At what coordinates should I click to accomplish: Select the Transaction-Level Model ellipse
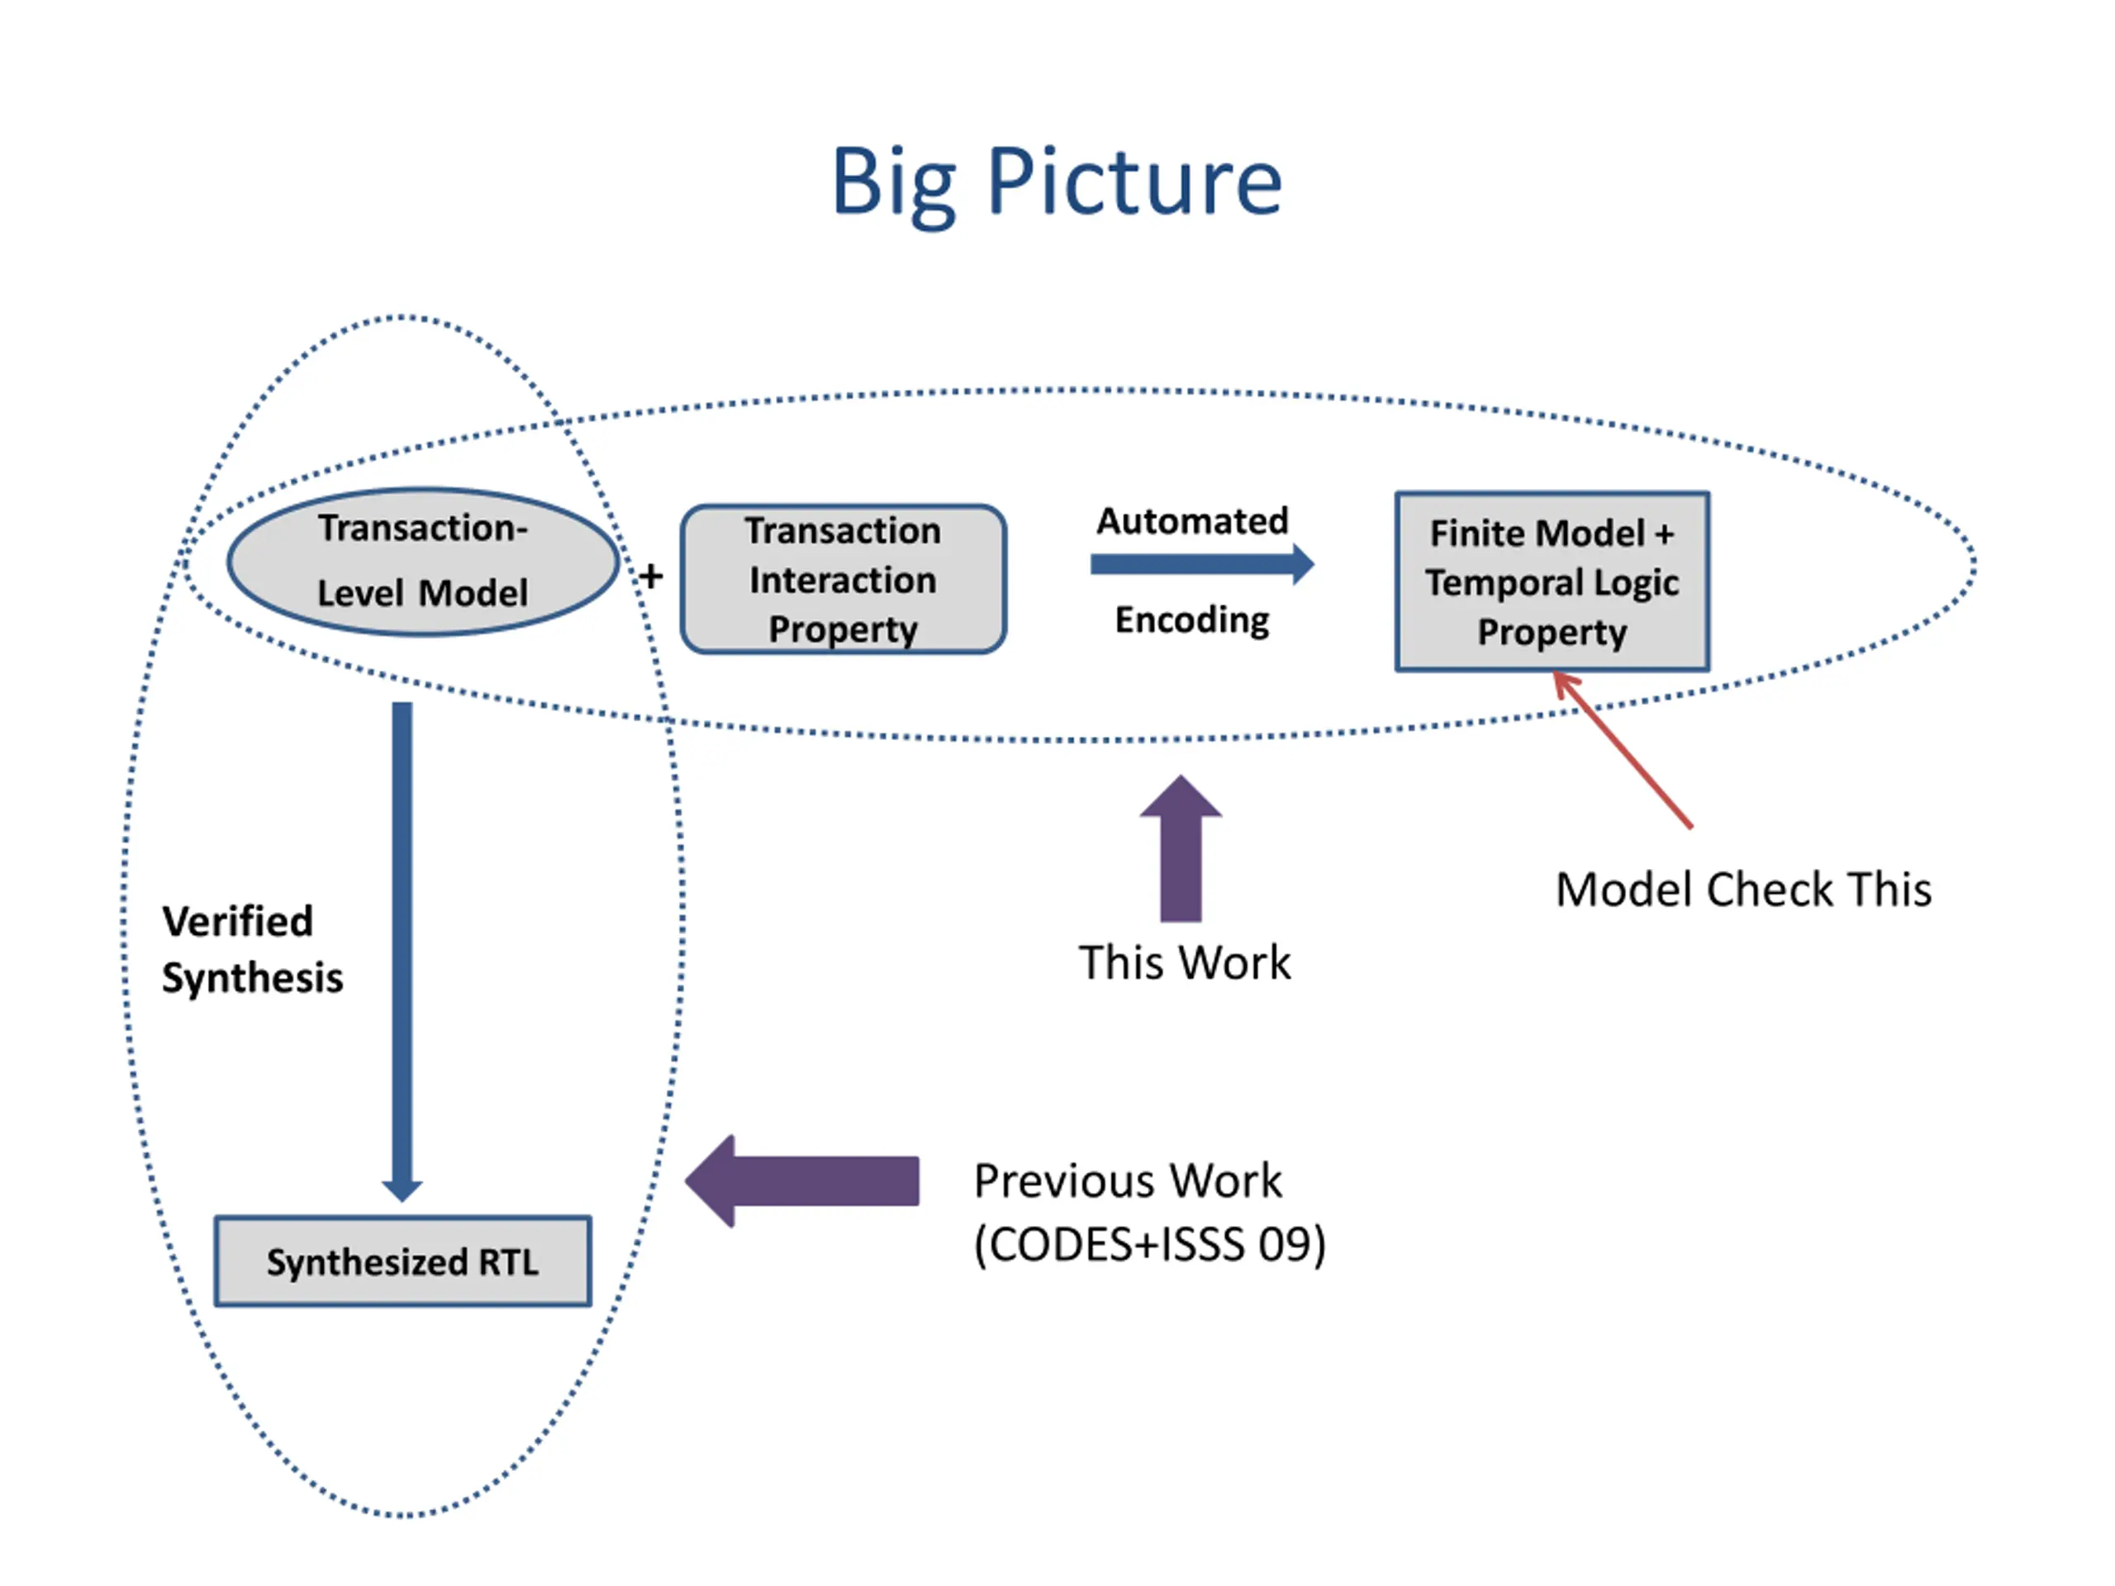[423, 563]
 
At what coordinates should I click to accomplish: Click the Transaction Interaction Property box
[844, 579]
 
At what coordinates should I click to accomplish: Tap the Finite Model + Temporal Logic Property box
[1552, 582]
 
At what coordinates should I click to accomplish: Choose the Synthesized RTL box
[402, 1261]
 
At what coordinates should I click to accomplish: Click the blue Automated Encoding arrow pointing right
[1202, 564]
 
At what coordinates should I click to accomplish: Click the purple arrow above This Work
[1181, 848]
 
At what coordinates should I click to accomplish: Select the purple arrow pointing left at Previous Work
[802, 1180]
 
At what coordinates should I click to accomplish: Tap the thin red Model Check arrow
[1623, 749]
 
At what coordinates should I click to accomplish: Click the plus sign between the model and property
[651, 577]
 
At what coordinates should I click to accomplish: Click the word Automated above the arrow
[1192, 521]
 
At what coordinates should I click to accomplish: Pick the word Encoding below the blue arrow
[1192, 620]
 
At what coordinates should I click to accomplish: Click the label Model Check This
[1743, 889]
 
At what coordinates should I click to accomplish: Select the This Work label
[1185, 962]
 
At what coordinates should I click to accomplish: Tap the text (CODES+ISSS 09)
[1149, 1244]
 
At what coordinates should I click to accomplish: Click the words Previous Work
[1127, 1180]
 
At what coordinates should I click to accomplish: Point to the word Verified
[237, 922]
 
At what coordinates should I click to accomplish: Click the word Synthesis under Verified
[253, 978]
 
